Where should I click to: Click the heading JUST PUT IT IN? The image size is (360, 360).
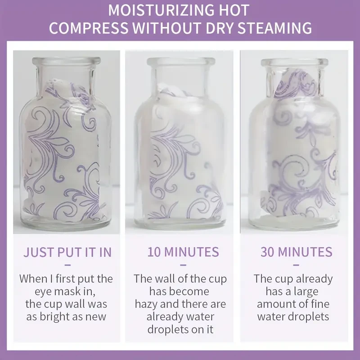point(67,252)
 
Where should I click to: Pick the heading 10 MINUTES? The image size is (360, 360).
point(183,252)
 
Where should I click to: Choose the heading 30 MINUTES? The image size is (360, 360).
point(297,252)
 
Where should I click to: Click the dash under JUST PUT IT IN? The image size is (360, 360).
point(67,265)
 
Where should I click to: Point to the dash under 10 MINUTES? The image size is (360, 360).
point(183,265)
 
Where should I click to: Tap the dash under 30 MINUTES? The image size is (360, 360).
point(296,265)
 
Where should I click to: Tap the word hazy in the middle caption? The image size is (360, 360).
point(146,304)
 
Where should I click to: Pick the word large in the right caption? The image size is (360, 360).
point(305,292)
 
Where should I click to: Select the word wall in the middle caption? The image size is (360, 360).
point(164,279)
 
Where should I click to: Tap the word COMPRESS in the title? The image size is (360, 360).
point(88,28)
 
